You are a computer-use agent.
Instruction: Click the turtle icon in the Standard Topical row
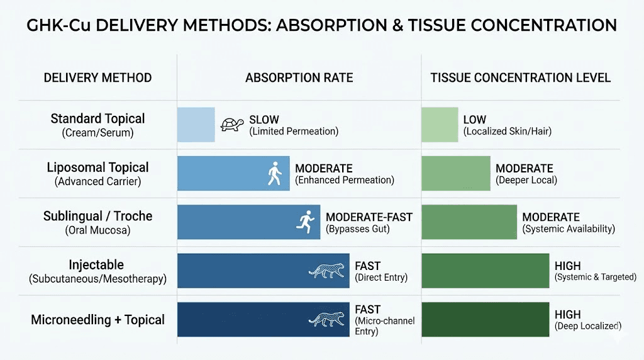[232, 125]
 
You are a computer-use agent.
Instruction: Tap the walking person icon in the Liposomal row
[275, 173]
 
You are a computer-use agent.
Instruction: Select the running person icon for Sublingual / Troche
[305, 222]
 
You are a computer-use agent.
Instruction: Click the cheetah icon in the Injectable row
[326, 271]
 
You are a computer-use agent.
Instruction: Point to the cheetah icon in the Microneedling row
[326, 319]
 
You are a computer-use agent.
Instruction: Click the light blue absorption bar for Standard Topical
[196, 125]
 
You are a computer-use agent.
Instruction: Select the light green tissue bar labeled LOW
[440, 125]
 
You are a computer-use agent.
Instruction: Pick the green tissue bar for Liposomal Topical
[455, 173]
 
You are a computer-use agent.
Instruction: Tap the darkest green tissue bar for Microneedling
[485, 319]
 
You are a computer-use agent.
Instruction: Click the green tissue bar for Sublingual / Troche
[469, 222]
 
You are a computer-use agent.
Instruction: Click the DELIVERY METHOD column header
[97, 78]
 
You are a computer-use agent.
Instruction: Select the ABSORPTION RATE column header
[299, 78]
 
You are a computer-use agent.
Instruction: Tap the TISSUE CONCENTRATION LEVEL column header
[520, 78]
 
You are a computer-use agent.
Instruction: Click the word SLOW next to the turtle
[264, 120]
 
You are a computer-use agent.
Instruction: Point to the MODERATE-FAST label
[369, 217]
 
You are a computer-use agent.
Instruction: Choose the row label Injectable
[97, 265]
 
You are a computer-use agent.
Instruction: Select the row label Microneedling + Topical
[97, 320]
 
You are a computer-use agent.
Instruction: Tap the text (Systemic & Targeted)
[595, 278]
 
